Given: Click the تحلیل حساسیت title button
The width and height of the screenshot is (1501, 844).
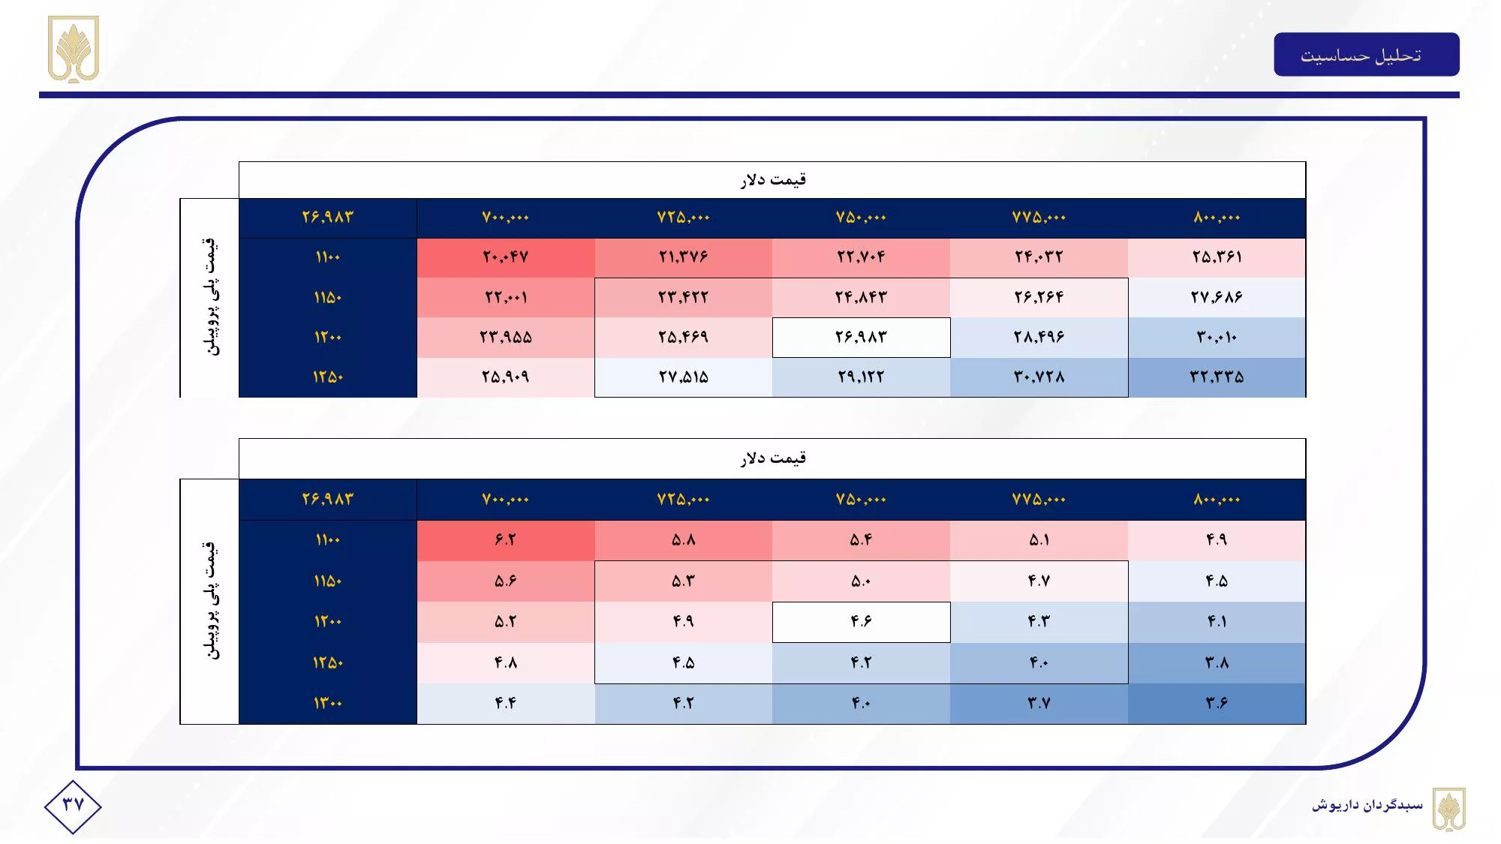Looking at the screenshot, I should click(1366, 55).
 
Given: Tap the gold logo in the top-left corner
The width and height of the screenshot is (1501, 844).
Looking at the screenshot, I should click(74, 50).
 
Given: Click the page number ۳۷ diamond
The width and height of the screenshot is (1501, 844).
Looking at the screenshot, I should click(73, 806).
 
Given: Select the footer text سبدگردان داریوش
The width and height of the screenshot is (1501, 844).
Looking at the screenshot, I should click(1367, 806).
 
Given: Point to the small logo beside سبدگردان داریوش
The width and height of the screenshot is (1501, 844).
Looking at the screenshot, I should click(1449, 809).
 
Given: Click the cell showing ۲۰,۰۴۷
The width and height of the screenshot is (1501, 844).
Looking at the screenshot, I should click(506, 257).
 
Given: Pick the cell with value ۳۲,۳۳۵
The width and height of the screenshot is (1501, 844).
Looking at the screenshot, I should click(1217, 377).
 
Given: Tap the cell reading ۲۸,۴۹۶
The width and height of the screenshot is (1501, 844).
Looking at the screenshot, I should click(1039, 337).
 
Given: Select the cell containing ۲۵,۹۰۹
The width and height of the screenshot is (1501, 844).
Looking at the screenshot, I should click(506, 377).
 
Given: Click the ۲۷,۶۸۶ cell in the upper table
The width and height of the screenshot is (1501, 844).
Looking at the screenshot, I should click(1217, 297).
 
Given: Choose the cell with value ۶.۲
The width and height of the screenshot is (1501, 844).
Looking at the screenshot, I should click(506, 540).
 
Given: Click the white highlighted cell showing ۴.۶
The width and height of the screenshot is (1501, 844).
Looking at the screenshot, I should click(861, 622).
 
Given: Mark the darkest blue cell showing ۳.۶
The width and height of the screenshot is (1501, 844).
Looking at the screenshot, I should click(1217, 704).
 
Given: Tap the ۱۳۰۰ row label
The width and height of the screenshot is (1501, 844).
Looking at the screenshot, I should click(328, 704).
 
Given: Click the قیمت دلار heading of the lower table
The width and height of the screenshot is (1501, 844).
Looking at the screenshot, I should click(772, 458).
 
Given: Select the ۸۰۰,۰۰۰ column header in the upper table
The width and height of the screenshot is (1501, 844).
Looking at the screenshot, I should click(1217, 218).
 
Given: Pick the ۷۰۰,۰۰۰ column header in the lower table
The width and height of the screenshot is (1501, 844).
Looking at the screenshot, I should click(506, 500).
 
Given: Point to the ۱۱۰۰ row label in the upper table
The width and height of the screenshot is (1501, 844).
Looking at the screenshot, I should click(328, 257).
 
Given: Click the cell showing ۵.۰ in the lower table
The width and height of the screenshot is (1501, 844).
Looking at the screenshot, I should click(861, 581).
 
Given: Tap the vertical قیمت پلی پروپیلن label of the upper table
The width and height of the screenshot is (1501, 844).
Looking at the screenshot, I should click(210, 297).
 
